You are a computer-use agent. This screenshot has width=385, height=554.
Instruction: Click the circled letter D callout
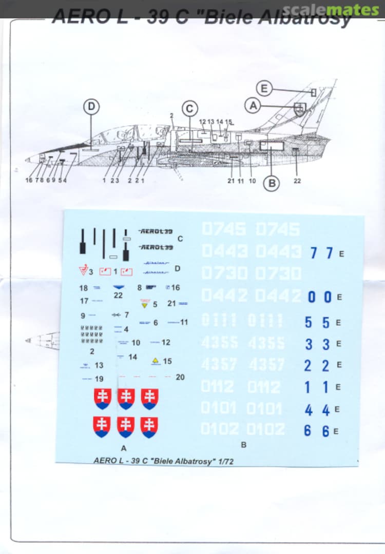coord(91,107)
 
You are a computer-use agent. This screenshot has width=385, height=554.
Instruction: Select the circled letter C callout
coord(190,109)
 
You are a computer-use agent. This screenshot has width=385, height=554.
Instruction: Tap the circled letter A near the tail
coord(253,106)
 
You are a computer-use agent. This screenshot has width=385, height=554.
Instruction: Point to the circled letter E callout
coord(264,89)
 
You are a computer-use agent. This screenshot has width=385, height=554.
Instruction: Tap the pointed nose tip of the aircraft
coord(27,160)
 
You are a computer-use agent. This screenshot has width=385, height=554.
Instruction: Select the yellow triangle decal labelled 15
coord(156,361)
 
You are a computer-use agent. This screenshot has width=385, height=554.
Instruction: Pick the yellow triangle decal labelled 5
coord(144,304)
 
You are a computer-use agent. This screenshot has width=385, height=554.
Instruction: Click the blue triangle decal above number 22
coord(118,287)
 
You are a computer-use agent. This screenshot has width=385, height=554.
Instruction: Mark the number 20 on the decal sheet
coord(180,377)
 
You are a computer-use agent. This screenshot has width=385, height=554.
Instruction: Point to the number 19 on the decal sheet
coord(99,379)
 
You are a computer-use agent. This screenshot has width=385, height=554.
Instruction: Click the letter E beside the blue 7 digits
coord(342,254)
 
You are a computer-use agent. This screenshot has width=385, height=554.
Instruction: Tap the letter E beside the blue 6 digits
coord(336,431)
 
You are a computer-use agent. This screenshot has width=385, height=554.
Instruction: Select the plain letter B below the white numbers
coord(244,445)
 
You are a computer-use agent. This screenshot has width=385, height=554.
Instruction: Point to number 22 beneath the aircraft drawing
coord(297,181)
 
